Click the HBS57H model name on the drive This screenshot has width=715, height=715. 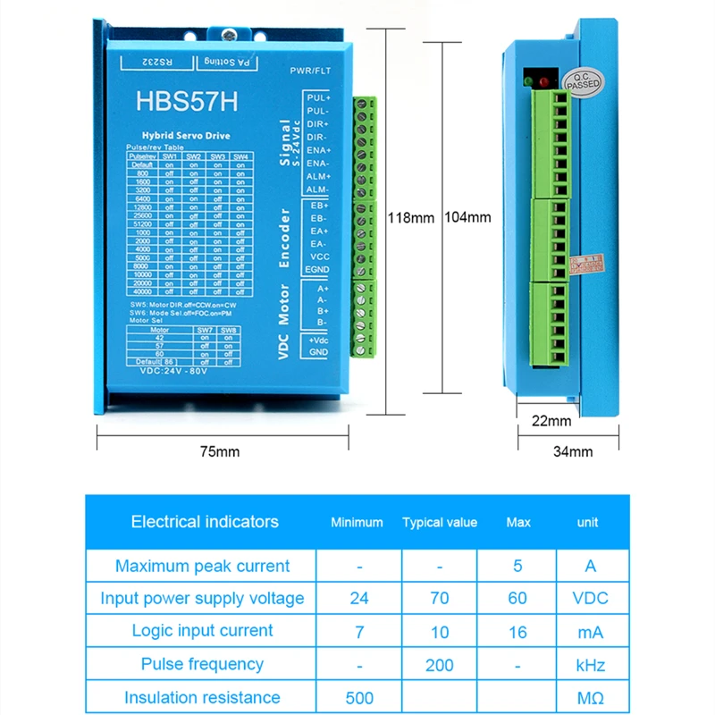[x=187, y=100]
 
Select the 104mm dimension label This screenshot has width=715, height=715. [x=467, y=216]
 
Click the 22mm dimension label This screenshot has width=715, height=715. [x=551, y=421]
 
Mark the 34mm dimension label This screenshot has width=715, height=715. [x=572, y=451]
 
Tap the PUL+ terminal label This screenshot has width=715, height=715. [x=318, y=97]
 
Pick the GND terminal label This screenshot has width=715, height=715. [x=319, y=353]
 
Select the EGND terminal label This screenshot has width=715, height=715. [x=317, y=269]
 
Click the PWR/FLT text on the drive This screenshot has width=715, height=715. [x=312, y=71]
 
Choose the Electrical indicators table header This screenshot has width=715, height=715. [x=205, y=522]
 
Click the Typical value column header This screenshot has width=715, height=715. [x=440, y=523]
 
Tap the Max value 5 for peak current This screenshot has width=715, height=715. [x=517, y=566]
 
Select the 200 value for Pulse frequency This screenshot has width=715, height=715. [x=440, y=664]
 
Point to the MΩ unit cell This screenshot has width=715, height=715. [x=588, y=697]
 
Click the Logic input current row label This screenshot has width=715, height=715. [x=202, y=631]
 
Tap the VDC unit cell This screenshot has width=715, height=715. [x=588, y=599]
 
